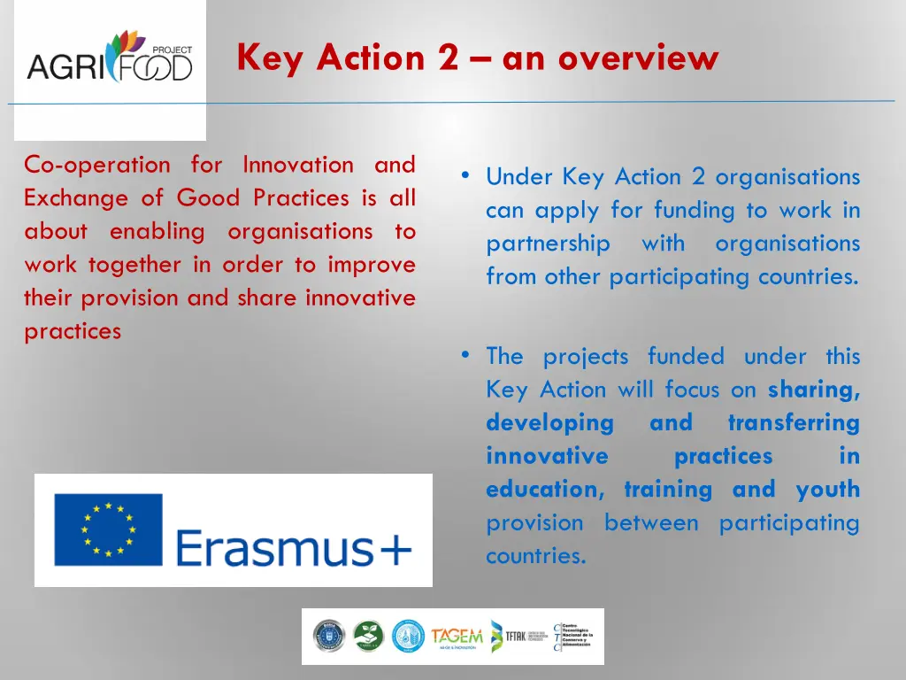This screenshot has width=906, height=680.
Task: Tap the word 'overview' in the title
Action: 638,58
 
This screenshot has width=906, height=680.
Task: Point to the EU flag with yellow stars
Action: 109,529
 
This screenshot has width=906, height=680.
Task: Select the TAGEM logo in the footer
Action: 457,637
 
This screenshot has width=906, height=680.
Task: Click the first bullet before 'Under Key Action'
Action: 465,175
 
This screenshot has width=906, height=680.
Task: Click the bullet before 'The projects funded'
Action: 465,355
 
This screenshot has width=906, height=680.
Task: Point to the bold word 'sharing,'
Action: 814,390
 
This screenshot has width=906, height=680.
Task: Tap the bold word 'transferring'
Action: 793,423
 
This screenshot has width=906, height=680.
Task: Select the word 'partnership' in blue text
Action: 548,243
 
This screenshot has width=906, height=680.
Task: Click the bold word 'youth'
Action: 827,490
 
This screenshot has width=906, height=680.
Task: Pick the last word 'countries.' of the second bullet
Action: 535,556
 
